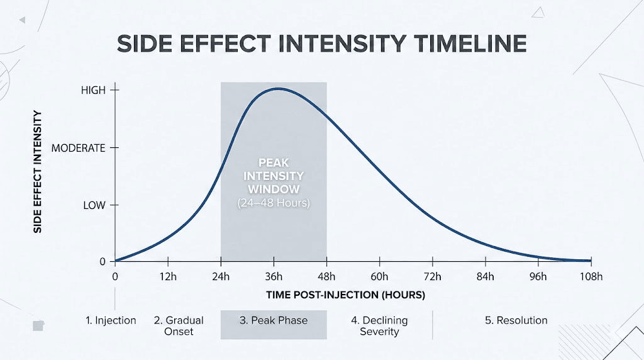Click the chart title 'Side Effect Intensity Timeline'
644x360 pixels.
point(321,43)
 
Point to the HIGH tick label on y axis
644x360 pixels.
point(94,91)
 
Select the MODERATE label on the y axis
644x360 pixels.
point(78,149)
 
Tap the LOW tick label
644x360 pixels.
point(94,206)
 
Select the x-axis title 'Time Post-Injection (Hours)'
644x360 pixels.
point(345,295)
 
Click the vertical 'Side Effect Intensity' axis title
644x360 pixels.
point(38,172)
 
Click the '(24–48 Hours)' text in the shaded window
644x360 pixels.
point(274,204)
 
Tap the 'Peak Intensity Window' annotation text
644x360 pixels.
point(274,176)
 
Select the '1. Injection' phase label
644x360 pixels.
point(111,320)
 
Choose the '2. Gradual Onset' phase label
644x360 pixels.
point(174,325)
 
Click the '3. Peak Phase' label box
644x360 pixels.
point(274,320)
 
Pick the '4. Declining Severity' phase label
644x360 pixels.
point(379,325)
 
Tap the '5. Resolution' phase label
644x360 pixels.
point(516,320)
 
